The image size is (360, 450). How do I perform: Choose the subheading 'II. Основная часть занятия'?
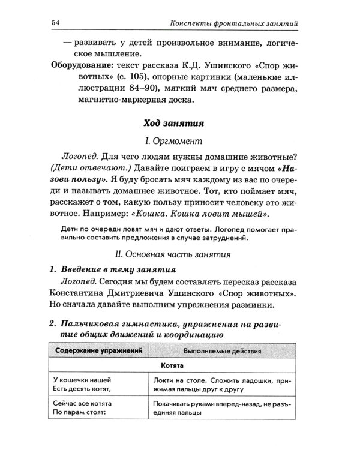coord(175,254)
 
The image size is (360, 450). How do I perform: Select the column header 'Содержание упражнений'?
coord(98,349)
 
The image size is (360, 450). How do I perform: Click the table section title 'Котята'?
coord(173,364)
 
